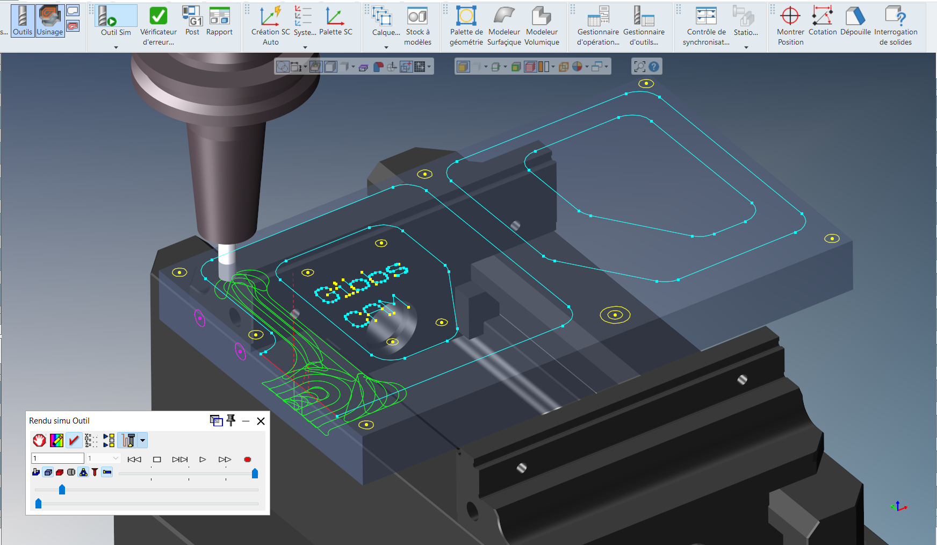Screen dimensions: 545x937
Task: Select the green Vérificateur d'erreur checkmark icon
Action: (x=158, y=17)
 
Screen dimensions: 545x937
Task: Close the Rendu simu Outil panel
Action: (x=261, y=421)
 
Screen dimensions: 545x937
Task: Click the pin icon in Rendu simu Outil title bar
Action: (x=231, y=420)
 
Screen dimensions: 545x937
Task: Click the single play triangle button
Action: (x=203, y=460)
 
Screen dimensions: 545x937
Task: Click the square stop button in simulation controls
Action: (x=157, y=460)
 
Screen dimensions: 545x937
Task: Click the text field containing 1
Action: (x=57, y=458)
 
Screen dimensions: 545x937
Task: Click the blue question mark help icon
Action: (x=654, y=67)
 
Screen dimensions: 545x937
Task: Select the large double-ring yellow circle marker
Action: (x=615, y=315)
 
